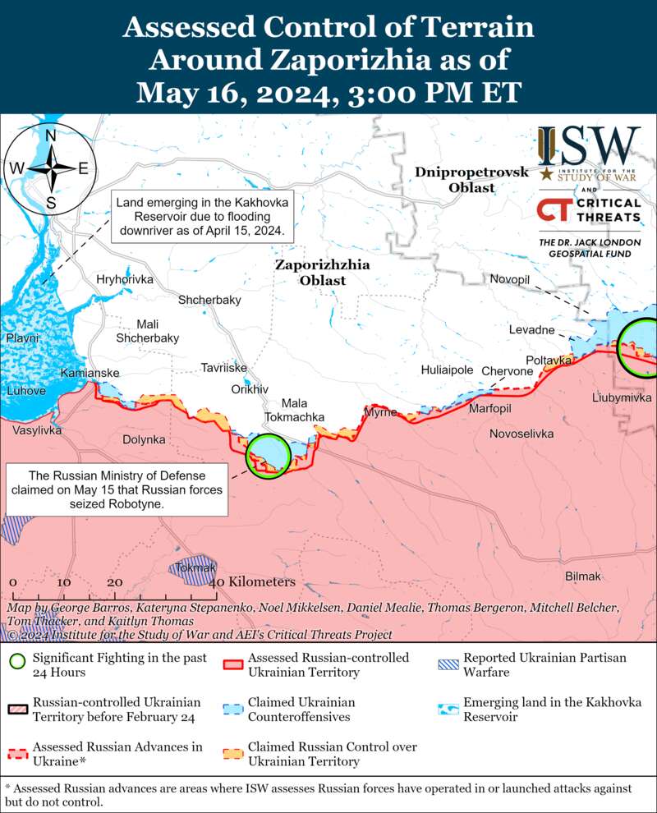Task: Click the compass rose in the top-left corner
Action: click(x=50, y=168)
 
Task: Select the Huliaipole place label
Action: click(x=447, y=370)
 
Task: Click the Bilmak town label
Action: click(x=583, y=577)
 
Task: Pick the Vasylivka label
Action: click(x=37, y=430)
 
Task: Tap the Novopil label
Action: click(x=510, y=280)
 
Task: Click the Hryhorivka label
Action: click(x=125, y=280)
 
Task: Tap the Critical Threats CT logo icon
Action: click(x=554, y=210)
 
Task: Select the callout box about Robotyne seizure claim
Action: click(x=117, y=490)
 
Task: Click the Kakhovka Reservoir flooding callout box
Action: click(x=203, y=216)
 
